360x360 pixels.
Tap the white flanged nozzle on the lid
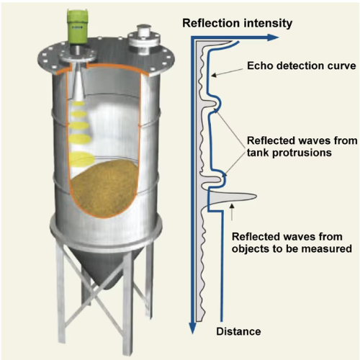(144, 41)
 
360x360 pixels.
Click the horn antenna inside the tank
(78, 84)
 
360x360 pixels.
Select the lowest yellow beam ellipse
(82, 160)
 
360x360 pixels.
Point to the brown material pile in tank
(104, 189)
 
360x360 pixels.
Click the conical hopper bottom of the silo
(106, 264)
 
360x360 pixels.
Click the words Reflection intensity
(238, 23)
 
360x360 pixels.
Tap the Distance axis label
(238, 331)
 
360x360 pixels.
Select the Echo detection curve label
(302, 66)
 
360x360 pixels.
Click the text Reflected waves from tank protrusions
(302, 146)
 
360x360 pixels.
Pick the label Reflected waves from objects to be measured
(292, 243)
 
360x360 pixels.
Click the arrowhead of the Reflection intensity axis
(273, 37)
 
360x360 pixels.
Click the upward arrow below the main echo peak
(232, 212)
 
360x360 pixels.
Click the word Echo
(260, 66)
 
